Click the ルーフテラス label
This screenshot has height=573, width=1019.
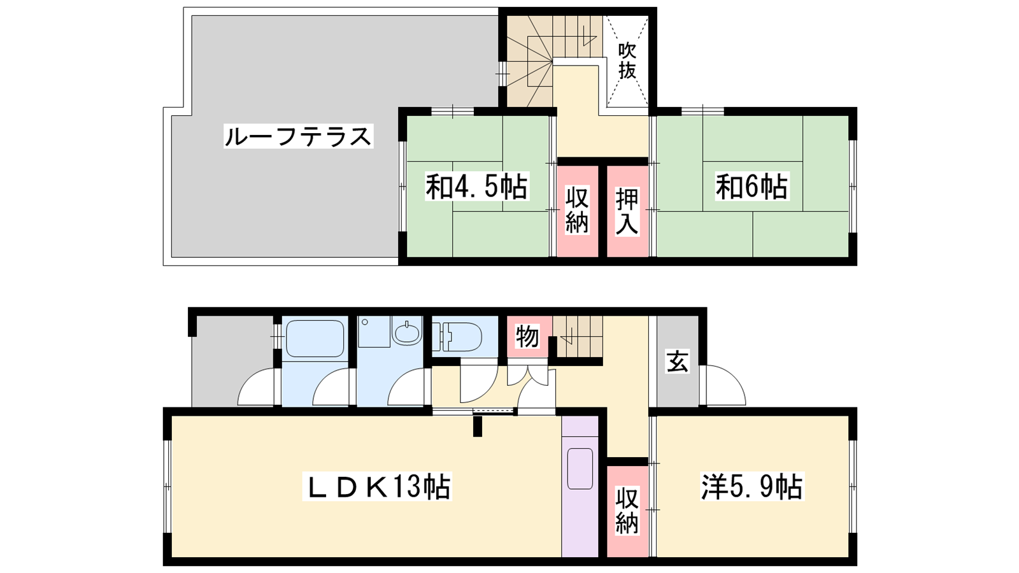pyautogui.click(x=298, y=136)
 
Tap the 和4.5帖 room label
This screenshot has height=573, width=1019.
pyautogui.click(x=476, y=186)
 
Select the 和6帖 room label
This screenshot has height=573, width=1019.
pyautogui.click(x=752, y=186)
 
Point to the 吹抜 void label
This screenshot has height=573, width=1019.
pyautogui.click(x=627, y=61)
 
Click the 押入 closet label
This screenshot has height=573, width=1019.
pyautogui.click(x=627, y=212)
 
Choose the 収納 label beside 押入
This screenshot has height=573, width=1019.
pyautogui.click(x=577, y=210)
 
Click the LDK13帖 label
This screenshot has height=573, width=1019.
pyautogui.click(x=376, y=486)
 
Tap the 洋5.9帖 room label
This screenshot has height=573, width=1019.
pyautogui.click(x=752, y=486)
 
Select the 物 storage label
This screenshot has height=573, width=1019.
pyautogui.click(x=527, y=337)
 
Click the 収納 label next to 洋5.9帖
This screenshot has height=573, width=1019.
pyautogui.click(x=627, y=510)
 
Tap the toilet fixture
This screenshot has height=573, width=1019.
pyautogui.click(x=457, y=337)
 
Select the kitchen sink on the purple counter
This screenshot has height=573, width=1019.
pyautogui.click(x=580, y=469)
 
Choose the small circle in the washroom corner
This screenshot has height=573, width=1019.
pyautogui.click(x=365, y=322)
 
